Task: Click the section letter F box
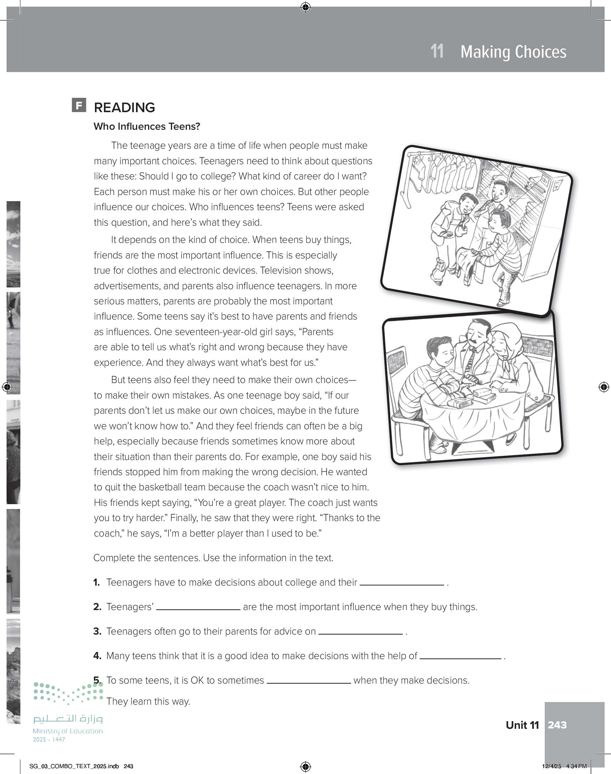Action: tap(79, 105)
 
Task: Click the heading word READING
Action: tap(124, 108)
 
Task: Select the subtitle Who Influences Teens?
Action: tap(147, 127)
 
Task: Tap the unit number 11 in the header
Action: tap(437, 51)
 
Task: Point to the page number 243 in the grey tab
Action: tap(557, 725)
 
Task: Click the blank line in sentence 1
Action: tap(401, 584)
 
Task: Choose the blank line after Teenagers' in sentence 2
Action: tap(198, 608)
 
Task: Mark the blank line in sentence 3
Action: tap(360, 633)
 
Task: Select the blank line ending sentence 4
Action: tap(460, 657)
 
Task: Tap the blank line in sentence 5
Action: tap(309, 682)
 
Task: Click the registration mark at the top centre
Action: tap(305, 7)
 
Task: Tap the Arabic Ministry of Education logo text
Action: tap(68, 718)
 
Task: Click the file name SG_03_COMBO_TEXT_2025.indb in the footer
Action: tap(74, 766)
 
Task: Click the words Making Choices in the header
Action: tap(513, 52)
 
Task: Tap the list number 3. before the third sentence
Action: tap(97, 632)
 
